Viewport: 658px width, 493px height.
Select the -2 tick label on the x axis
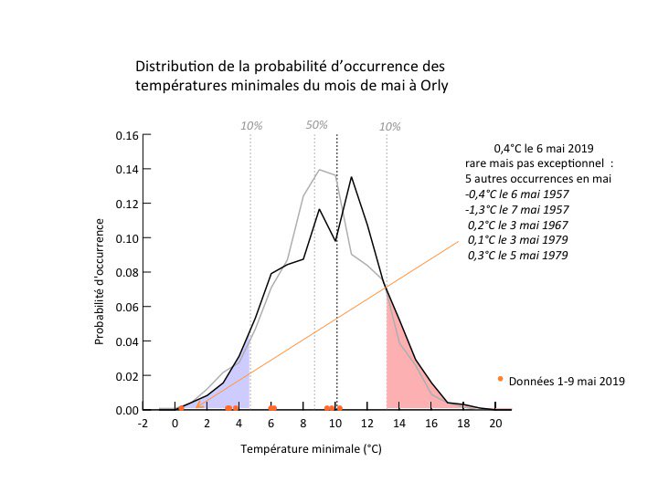click(x=142, y=424)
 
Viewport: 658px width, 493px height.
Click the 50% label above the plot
click(x=317, y=124)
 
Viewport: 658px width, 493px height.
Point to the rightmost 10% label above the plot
click(x=389, y=126)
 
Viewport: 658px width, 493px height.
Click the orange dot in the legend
click(x=500, y=378)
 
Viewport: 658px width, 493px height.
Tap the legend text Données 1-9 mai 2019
click(x=567, y=381)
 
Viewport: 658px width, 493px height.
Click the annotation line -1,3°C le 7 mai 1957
click(x=518, y=209)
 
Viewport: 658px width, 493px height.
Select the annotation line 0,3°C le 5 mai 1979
click(x=517, y=255)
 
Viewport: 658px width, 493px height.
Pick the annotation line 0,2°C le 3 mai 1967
click(x=517, y=225)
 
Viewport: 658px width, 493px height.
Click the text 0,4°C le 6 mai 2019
click(x=543, y=148)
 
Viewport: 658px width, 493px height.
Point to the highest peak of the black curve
click(x=351, y=176)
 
